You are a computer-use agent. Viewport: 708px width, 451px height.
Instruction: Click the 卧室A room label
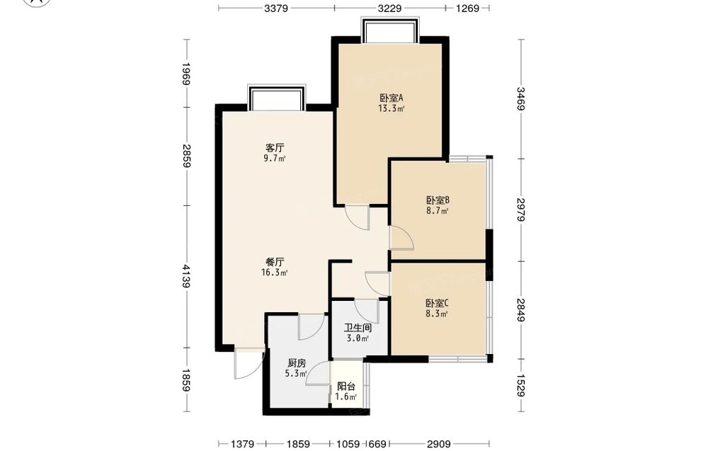coord(391,98)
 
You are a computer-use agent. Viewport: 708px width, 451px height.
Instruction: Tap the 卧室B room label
coord(438,200)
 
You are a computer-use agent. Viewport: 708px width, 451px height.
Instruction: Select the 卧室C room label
coord(437,303)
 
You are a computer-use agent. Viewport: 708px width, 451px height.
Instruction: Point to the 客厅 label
coord(275,148)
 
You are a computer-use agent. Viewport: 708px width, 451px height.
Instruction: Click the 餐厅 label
coord(275,262)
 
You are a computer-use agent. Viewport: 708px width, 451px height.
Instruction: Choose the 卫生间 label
coord(358,328)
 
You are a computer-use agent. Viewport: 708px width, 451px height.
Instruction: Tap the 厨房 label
coord(297,362)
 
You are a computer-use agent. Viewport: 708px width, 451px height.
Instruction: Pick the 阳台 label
coord(346,387)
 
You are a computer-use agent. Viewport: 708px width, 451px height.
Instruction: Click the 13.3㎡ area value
coord(391,108)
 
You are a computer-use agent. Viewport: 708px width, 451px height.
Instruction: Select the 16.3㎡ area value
coord(275,273)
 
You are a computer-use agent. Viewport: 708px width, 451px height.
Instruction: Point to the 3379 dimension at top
coord(276,8)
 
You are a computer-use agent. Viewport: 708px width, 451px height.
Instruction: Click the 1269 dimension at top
coord(467,8)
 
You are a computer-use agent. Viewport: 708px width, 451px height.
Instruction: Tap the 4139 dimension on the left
coord(186,276)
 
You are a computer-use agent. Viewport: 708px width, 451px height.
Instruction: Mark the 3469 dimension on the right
coord(521,98)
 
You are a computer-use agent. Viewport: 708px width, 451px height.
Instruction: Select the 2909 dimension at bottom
coord(439,444)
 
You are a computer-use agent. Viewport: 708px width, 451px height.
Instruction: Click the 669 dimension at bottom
coord(377,444)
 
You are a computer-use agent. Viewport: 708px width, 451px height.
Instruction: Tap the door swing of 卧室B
coord(401,237)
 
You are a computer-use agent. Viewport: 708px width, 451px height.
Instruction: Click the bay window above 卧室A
coord(391,30)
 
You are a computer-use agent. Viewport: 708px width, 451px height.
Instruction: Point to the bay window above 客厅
coord(276,97)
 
